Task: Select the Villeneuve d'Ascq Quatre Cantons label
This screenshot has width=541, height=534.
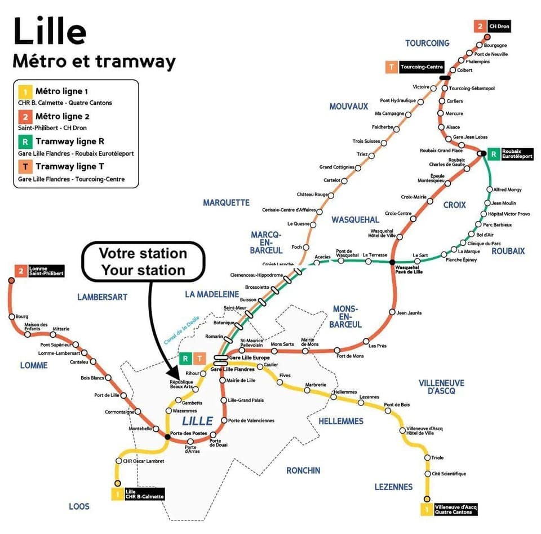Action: point(456,509)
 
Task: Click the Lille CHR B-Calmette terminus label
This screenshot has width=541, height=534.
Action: point(144,494)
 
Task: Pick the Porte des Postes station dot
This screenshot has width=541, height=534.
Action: point(167,436)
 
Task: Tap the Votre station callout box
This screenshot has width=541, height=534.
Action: point(143,262)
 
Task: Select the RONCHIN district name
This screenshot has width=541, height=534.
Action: point(303,470)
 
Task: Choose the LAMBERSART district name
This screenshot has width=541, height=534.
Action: point(103,297)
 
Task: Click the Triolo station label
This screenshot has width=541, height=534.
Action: point(437,458)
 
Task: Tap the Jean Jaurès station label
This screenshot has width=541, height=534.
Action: point(409,312)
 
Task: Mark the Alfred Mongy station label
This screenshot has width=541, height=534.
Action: point(507,189)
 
